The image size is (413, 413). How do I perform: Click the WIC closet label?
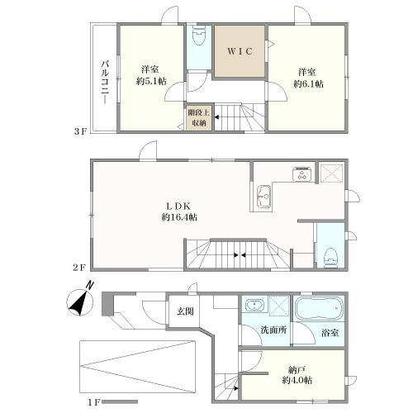point(240,51)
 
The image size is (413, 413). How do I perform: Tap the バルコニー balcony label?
point(105,82)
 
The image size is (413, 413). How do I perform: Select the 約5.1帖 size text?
point(151,81)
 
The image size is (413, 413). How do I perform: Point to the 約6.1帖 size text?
point(309,83)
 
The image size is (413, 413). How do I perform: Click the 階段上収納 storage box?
point(199,117)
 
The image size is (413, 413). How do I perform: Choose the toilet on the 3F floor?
point(199,36)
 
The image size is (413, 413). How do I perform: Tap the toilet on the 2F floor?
point(330,258)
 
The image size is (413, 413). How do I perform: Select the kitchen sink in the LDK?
point(263,196)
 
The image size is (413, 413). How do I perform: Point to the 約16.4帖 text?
point(179,217)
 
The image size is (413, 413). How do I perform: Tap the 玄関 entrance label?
point(185,311)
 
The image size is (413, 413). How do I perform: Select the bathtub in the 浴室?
point(319,308)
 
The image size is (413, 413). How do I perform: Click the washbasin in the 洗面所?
point(255,305)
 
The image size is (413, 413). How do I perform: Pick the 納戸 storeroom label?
point(297,368)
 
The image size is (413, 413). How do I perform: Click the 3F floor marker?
point(80,131)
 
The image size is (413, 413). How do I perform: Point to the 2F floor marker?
point(80,268)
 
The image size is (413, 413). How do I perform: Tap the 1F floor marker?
point(94,402)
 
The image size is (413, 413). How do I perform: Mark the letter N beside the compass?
point(89,285)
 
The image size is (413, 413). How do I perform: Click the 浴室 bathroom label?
point(330,333)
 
